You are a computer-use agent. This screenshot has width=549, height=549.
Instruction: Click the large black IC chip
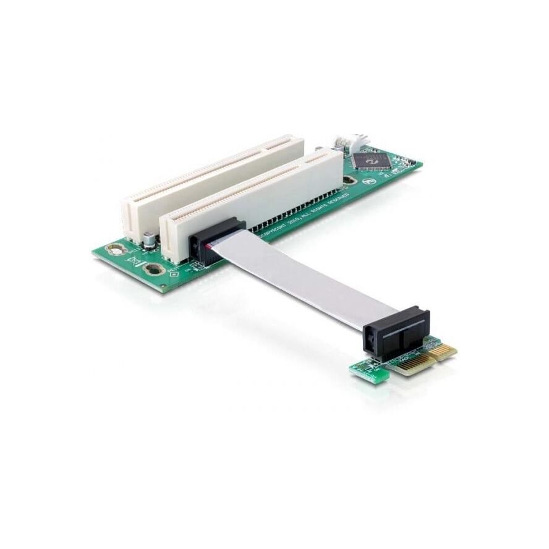[372, 161]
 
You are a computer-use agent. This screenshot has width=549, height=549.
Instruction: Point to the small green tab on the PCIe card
[370, 372]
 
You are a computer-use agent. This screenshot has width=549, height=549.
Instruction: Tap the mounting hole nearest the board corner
[114, 250]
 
